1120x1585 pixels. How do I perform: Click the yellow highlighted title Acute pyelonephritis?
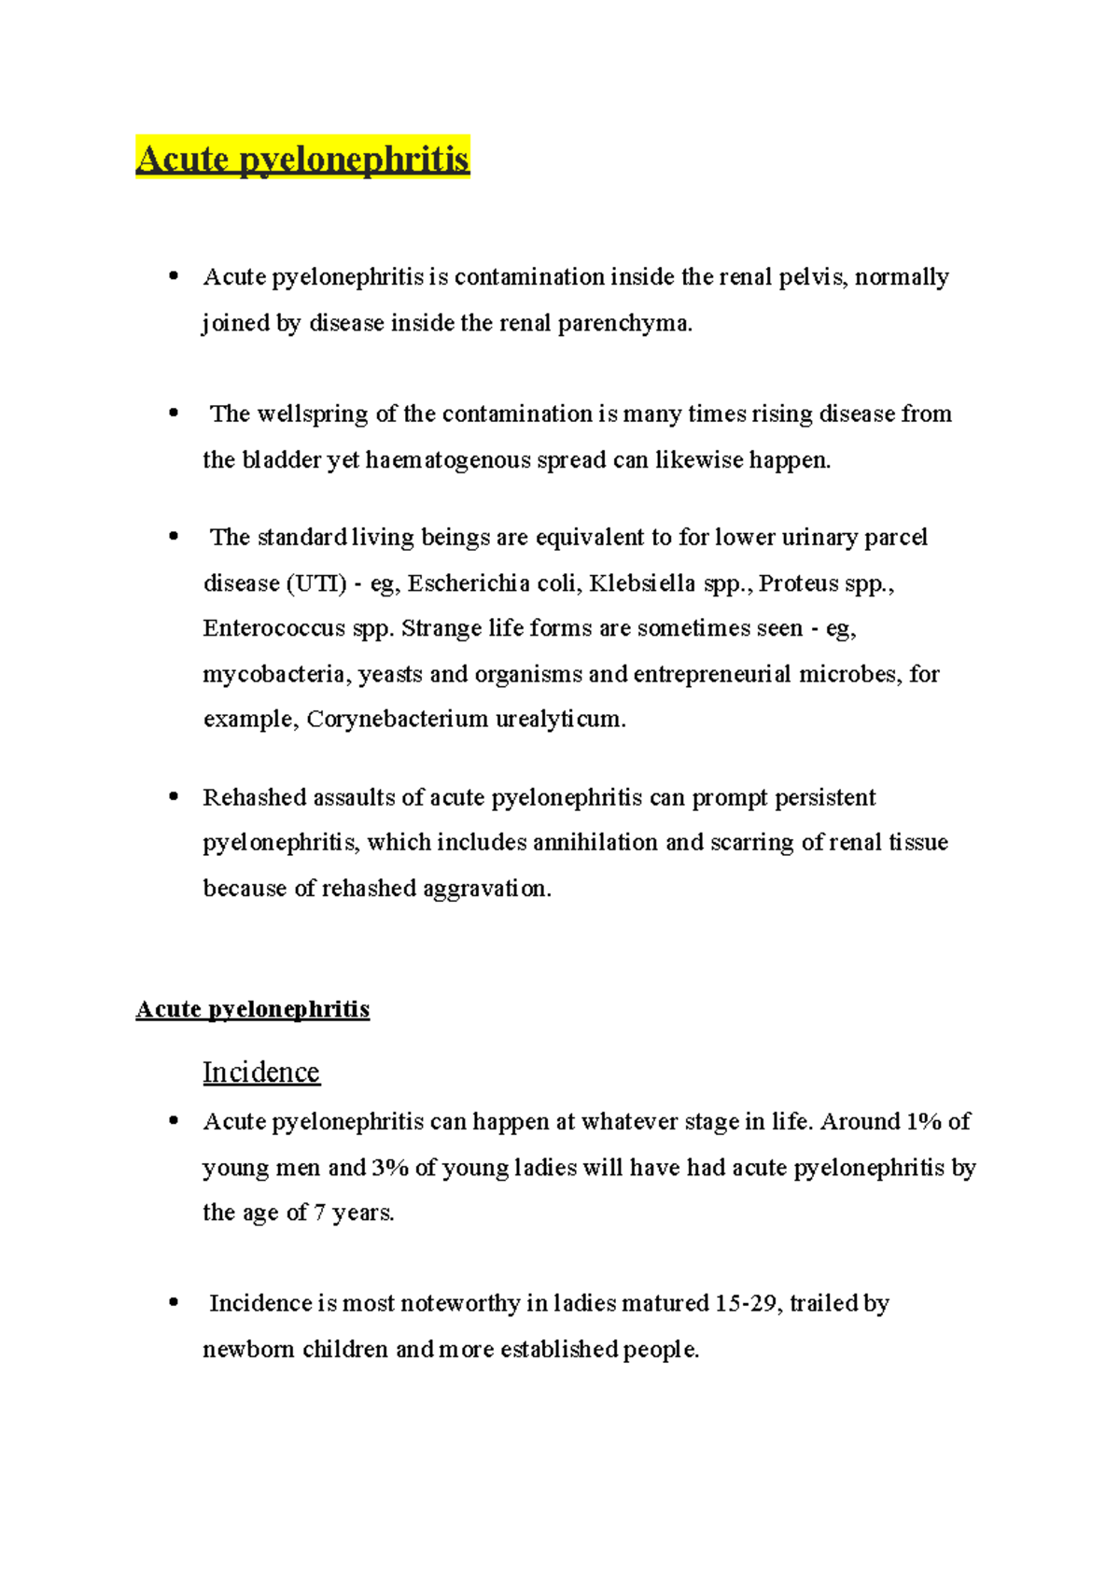(x=302, y=159)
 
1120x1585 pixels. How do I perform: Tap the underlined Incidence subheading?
(x=261, y=1073)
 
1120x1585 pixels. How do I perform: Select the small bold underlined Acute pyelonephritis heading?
(x=252, y=1009)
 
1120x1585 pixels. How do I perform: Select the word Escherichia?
(x=469, y=583)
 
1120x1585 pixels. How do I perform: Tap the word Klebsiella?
(x=642, y=583)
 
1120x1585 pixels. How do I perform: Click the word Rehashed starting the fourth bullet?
(x=254, y=797)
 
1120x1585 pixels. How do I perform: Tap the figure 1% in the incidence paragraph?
(x=923, y=1121)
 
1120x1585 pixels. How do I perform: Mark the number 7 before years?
(x=319, y=1213)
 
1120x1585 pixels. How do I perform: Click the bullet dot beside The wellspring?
(x=174, y=413)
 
